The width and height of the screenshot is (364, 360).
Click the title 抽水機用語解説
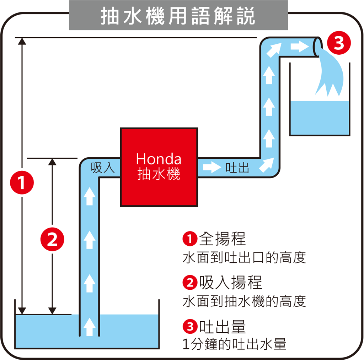[x=178, y=16]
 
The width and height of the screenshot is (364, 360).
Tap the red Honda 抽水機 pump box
[x=159, y=167]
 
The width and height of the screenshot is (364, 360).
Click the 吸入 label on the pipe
[x=103, y=168]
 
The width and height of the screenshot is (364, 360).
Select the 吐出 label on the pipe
[x=237, y=168]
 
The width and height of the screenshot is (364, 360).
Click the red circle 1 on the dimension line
[x=22, y=183]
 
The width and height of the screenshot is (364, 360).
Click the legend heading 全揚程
[x=223, y=239]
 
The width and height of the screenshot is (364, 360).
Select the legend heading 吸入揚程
[x=230, y=283]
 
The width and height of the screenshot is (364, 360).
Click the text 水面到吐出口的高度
[x=244, y=258]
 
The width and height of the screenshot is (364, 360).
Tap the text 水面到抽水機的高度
[x=244, y=301]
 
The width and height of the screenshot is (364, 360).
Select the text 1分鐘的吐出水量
[x=234, y=344]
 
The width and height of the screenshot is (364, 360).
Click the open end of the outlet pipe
[x=316, y=47]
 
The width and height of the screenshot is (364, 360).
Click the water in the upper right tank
[x=320, y=117]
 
